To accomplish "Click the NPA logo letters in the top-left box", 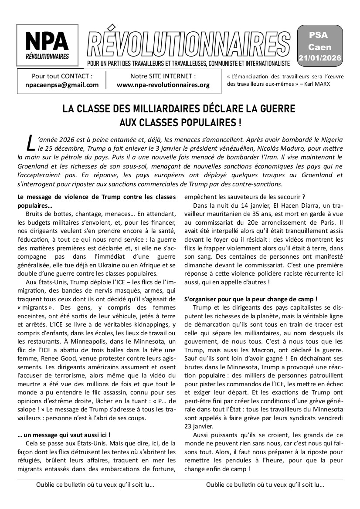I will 47,40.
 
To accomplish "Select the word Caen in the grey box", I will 320,47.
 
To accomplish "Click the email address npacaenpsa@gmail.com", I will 62,85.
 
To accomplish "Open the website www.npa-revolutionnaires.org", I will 163,85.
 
